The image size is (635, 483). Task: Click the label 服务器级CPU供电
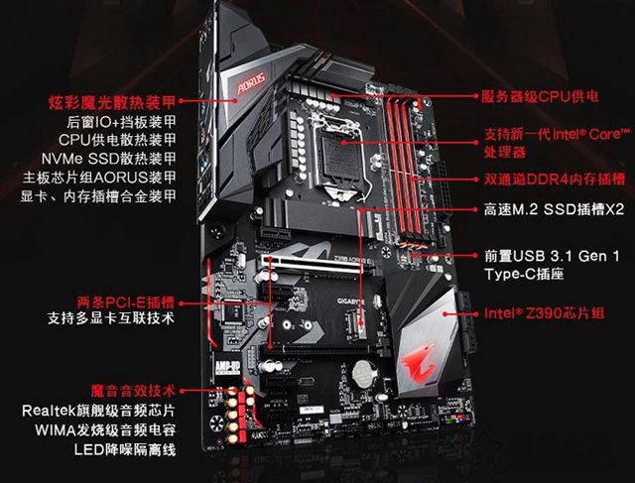coord(540,96)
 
